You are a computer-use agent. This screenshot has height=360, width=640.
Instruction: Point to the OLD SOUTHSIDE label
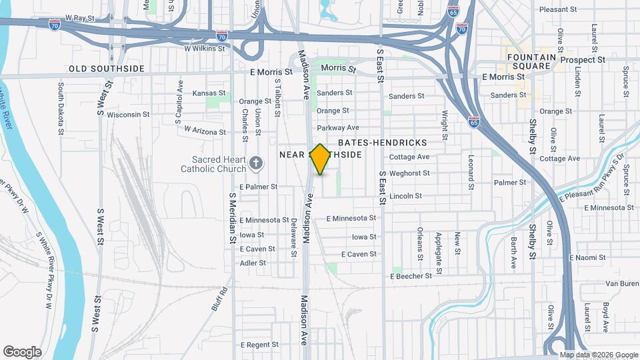pos(107,69)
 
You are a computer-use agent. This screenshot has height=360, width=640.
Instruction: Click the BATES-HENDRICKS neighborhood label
pos(383,143)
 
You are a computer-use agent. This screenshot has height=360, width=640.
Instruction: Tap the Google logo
pos(22,352)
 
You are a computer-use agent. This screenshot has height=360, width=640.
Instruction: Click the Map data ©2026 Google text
pos(598,355)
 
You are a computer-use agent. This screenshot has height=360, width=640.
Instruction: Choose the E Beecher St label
pos(411,275)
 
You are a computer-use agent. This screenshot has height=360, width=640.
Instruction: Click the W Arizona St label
pos(205,131)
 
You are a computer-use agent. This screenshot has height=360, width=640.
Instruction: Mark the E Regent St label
pos(259,345)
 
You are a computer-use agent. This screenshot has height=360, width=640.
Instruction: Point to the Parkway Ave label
pos(338,128)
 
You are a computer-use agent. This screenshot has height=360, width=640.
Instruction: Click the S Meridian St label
pos(232,218)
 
